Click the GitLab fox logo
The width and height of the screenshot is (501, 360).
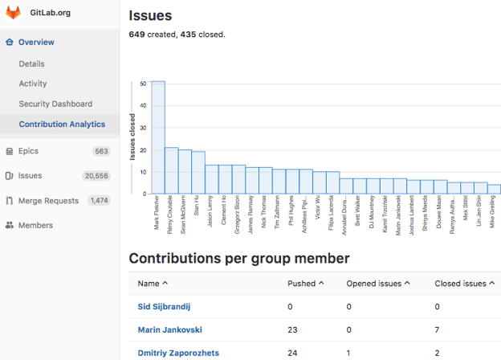14,13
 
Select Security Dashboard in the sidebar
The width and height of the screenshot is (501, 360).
55,104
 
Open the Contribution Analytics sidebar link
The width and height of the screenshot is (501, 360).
62,125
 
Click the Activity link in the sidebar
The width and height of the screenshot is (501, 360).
33,84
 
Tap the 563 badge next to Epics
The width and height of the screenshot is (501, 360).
101,151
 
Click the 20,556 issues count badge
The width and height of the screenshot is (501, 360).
96,176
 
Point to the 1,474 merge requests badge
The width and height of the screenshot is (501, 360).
99,201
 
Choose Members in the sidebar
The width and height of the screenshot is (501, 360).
35,225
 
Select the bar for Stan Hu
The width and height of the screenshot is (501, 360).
198,172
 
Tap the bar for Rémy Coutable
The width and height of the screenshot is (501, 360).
172,170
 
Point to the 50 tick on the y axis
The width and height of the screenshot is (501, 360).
142,84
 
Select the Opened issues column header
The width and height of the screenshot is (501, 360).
379,284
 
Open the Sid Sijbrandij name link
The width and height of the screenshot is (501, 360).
164,306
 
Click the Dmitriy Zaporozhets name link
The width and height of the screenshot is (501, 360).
178,353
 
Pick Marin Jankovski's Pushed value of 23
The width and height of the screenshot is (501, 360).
292,329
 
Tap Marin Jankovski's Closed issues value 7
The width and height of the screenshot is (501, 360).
438,329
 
